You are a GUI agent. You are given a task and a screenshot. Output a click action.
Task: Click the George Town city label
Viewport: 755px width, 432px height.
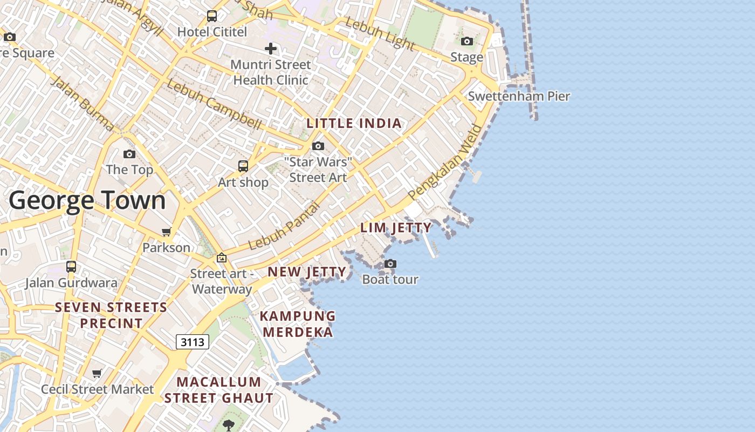tap(87, 200)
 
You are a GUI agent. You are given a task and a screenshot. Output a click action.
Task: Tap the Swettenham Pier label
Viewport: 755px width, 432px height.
tap(519, 96)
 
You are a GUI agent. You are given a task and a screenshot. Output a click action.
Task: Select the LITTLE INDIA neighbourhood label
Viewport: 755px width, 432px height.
tap(354, 123)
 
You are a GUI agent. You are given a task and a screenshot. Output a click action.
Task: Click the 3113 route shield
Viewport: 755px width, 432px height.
tap(193, 342)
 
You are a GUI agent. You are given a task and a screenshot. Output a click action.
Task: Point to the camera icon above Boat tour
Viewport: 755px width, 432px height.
tap(390, 264)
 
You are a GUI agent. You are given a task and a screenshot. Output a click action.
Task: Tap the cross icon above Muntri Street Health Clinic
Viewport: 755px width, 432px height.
tap(271, 49)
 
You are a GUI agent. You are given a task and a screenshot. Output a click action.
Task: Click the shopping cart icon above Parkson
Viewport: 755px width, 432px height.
tap(166, 232)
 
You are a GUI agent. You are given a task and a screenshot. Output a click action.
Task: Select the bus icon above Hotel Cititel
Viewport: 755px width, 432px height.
tap(212, 16)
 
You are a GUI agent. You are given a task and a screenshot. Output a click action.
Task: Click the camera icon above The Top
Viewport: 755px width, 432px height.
tap(129, 154)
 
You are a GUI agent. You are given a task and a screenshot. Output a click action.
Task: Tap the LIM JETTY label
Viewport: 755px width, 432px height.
tap(396, 227)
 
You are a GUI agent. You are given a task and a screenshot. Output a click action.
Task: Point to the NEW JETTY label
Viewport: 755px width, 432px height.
tap(307, 272)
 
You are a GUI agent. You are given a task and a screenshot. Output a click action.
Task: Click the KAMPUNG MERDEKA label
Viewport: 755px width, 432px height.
tap(298, 323)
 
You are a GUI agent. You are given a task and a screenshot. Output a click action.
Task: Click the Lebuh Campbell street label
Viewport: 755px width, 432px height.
tap(214, 104)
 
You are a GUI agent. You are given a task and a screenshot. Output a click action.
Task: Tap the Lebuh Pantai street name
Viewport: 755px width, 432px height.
tap(284, 226)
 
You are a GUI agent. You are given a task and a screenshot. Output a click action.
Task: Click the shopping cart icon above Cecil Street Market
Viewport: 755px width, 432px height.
tap(97, 374)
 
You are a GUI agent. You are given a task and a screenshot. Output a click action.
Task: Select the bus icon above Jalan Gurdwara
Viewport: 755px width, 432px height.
tap(71, 267)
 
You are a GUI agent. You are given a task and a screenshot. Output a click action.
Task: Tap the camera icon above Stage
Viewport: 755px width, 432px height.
tap(467, 42)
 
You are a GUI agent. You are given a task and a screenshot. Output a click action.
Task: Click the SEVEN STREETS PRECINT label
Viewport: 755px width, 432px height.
tap(112, 315)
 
